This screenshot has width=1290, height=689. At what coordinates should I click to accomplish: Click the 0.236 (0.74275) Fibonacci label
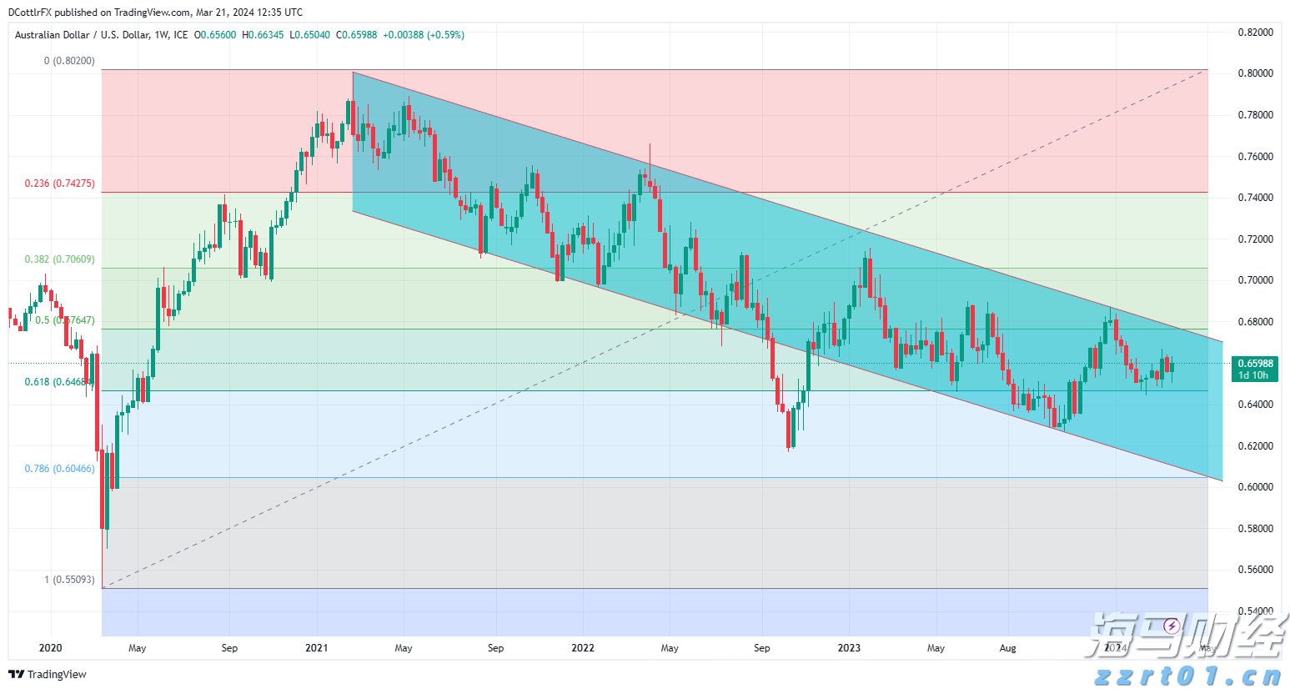coord(59,184)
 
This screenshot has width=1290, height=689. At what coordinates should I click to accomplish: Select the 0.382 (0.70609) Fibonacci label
coord(59,259)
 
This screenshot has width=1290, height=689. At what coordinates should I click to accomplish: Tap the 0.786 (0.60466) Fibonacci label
coord(59,469)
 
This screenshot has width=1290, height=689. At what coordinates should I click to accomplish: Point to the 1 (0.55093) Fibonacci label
coord(69,580)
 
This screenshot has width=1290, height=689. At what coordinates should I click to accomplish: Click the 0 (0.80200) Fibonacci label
coord(69,61)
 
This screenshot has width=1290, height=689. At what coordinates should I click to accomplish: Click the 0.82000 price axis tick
coord(1255,33)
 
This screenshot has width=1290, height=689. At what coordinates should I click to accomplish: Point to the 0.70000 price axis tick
coord(1255,280)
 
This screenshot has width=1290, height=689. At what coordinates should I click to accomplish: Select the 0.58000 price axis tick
coord(1255,529)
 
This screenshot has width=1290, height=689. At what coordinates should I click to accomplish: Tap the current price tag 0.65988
coord(1255,364)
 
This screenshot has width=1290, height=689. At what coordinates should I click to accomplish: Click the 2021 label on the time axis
coord(316,648)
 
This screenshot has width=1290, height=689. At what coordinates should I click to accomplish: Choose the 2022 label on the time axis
coord(583,648)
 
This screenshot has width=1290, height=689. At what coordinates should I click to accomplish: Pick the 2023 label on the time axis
coord(849,648)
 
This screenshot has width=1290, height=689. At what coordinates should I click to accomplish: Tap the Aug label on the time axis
coord(1007,648)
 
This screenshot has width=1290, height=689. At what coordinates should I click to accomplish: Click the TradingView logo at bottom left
coord(48,674)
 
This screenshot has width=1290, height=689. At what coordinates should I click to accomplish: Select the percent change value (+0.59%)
coord(445,35)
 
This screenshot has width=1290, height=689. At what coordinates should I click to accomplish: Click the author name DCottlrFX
coord(30,13)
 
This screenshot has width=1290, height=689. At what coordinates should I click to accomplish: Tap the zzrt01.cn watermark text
coord(1187,676)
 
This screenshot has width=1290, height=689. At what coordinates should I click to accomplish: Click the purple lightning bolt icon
coord(1172,626)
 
